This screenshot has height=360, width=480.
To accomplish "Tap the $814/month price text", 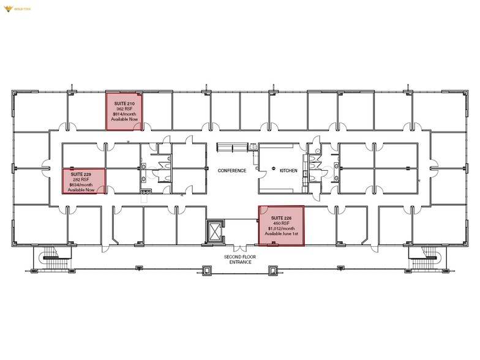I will click(x=124, y=114).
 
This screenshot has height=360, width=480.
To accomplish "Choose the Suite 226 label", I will click(x=282, y=217).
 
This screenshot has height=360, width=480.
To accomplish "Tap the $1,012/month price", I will click(x=282, y=228).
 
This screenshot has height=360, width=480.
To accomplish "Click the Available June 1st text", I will click(x=282, y=234).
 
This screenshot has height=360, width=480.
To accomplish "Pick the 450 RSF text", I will click(x=282, y=223).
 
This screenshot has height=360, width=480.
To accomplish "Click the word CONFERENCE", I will click(x=232, y=171).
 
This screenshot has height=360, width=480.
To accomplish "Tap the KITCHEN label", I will click(x=288, y=171).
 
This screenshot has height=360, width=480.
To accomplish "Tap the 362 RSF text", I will click(x=124, y=108).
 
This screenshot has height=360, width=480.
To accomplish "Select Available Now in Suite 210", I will click(x=124, y=120).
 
